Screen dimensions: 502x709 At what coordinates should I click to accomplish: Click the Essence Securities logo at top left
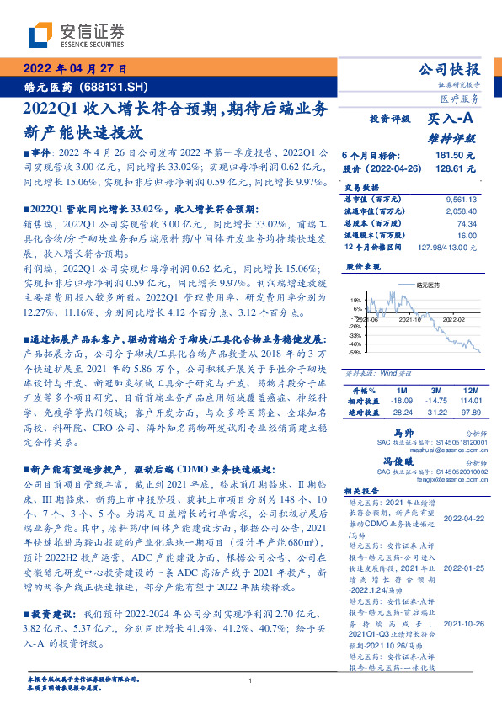76,35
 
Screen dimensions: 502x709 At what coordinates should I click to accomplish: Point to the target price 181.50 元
456,156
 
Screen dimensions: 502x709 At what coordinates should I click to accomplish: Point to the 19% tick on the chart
356,300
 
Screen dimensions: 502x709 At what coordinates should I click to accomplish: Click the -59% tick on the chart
355,353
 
